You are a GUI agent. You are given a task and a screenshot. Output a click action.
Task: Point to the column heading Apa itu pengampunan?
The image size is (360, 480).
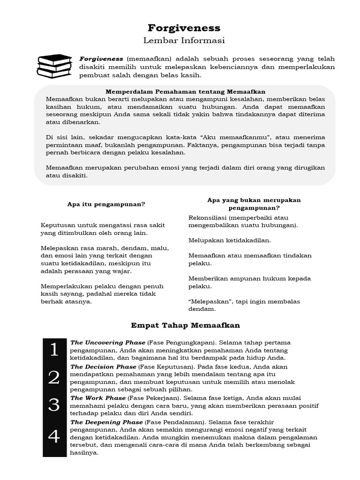(106, 204)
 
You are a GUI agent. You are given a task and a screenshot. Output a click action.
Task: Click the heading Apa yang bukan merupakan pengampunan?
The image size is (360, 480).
(254, 204)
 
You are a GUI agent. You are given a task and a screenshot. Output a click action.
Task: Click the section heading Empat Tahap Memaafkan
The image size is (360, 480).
(185, 325)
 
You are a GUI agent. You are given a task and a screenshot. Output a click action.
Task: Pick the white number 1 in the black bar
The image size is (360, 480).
(54, 350)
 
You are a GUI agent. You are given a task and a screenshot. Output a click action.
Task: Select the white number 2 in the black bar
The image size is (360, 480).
(54, 377)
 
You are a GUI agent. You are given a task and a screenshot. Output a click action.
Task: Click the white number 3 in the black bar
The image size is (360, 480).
(54, 405)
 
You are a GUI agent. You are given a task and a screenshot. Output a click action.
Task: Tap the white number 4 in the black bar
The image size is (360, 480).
(54, 437)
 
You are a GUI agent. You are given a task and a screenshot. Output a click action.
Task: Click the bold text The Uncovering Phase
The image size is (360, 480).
(108, 343)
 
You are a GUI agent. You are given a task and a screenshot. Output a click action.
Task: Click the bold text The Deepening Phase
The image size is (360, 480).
(107, 422)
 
